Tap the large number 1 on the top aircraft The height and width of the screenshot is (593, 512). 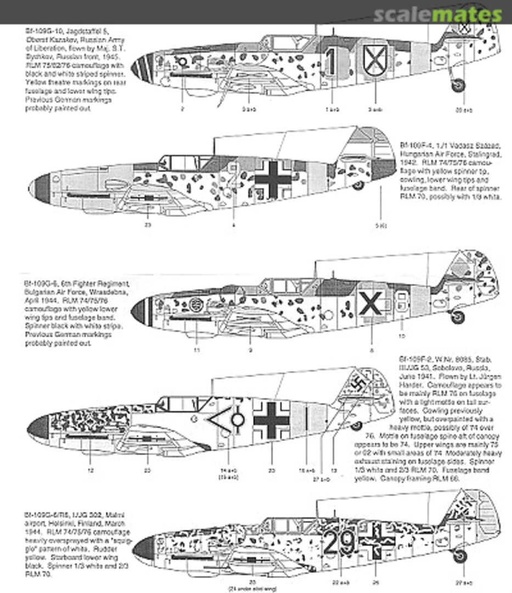coord(330,62)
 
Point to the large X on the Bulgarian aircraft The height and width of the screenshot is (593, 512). coord(370,304)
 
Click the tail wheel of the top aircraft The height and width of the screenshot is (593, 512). coord(458,85)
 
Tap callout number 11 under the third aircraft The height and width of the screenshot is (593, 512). coord(197,349)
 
